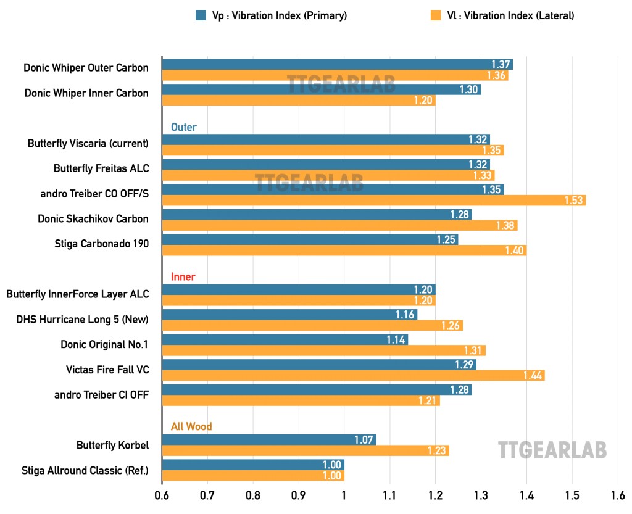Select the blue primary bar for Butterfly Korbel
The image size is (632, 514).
269,440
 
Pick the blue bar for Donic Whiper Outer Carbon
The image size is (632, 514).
337,64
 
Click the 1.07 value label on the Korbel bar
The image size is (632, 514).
364,440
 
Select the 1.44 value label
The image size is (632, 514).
533,375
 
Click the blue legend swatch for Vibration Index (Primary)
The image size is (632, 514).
201,16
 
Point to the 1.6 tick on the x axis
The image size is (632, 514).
617,495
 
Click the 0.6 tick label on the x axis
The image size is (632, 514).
162,495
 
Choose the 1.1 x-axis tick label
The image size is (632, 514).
389,495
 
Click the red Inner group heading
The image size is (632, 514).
183,276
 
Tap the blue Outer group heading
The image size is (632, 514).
183,127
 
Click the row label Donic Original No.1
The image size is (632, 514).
104,344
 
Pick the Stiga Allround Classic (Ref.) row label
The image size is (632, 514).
85,470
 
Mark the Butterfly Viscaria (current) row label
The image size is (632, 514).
88,143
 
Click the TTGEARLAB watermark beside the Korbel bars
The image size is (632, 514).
552,449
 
